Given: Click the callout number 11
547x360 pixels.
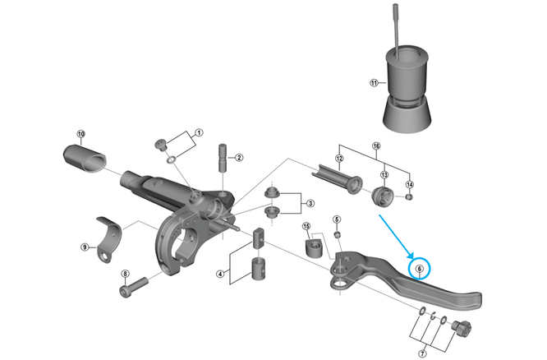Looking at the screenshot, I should [374, 83].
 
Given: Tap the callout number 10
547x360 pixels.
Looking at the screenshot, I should [80, 134].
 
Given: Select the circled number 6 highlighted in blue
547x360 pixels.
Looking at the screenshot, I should [419, 268].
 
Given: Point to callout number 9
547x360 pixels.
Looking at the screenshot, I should [84, 247].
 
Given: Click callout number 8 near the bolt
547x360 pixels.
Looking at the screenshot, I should [125, 274].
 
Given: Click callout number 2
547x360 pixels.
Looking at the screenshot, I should [239, 158].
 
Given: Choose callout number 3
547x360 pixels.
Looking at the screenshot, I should [310, 203].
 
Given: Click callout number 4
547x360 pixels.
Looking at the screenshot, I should [220, 273].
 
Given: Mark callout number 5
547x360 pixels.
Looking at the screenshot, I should [336, 219].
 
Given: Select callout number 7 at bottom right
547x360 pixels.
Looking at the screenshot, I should [423, 353].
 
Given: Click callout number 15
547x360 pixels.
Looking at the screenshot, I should [306, 226].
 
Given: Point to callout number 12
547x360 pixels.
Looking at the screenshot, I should [338, 158].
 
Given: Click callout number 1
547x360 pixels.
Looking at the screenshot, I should [199, 132].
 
